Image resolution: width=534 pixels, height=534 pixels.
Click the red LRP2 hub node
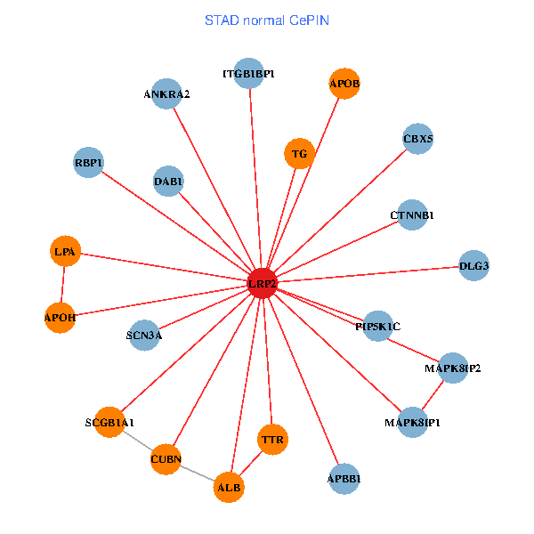[x=262, y=283]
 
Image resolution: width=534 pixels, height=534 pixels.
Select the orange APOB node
[x=344, y=84]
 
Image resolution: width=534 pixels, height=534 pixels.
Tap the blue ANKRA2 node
[x=166, y=93]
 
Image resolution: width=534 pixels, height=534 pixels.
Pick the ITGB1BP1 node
[x=249, y=73]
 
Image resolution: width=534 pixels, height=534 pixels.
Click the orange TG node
[x=300, y=154]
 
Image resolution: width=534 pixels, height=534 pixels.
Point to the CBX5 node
[x=417, y=139]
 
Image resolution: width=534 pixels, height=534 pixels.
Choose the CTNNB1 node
[x=412, y=214]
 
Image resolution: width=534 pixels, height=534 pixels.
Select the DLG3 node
[x=473, y=265]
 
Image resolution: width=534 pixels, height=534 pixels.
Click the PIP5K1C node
[x=378, y=326]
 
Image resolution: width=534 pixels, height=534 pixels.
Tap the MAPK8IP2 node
[x=452, y=368]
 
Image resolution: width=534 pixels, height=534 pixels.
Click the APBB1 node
[x=344, y=478]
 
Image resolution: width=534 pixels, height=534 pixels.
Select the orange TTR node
[x=272, y=439]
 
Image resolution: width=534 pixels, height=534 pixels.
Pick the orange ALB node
[x=229, y=487]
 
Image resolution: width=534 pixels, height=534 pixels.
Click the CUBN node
[x=166, y=459]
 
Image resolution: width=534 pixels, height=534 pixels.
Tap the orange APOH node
[x=60, y=317]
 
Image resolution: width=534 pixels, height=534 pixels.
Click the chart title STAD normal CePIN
[x=266, y=20]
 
